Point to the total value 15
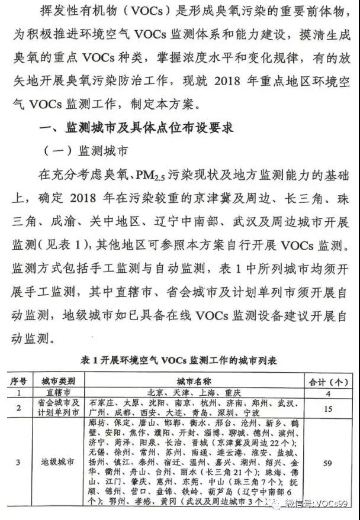point(327,407)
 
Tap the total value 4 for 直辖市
point(327,392)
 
